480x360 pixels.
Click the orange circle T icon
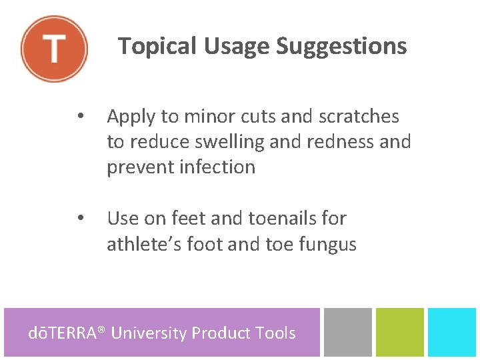[x=54, y=49]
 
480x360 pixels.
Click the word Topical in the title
[x=157, y=47]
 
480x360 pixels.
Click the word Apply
[x=131, y=117]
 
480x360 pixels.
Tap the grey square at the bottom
[x=347, y=331]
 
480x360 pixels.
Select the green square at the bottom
[x=399, y=331]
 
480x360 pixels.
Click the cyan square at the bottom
[x=452, y=331]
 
